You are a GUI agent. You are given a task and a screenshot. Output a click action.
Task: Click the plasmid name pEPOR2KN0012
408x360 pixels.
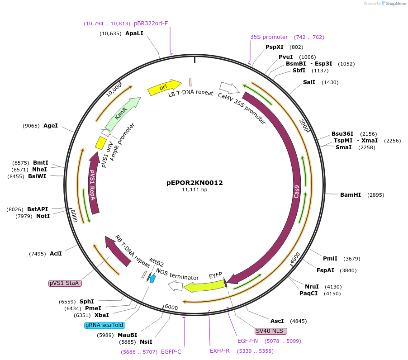195,183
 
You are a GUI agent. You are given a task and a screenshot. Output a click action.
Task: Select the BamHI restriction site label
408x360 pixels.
350,195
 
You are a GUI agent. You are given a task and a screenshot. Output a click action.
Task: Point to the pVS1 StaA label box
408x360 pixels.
65,283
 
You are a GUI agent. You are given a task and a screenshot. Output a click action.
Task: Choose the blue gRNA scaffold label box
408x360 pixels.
104,325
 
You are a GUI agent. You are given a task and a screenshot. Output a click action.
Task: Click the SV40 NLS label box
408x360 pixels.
271,331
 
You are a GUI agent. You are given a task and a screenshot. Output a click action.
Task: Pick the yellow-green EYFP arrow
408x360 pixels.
204,286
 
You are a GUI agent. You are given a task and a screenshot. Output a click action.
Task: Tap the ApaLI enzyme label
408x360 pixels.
134,33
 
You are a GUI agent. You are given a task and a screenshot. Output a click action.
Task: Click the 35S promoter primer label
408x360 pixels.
269,37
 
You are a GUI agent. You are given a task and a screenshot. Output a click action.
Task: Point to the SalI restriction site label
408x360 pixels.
309,82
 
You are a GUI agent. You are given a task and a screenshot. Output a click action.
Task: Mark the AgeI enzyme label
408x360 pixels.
50,126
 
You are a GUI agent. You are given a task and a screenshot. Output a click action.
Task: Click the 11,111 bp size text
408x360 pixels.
195,190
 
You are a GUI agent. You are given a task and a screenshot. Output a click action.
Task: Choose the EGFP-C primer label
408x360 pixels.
171,351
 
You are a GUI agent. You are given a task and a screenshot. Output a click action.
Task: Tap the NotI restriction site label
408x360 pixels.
43,216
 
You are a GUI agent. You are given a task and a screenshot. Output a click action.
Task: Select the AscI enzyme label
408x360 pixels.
277,321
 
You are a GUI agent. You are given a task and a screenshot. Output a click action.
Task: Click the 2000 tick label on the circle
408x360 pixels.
304,125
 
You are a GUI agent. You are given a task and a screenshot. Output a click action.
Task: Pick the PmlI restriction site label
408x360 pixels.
330,259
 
